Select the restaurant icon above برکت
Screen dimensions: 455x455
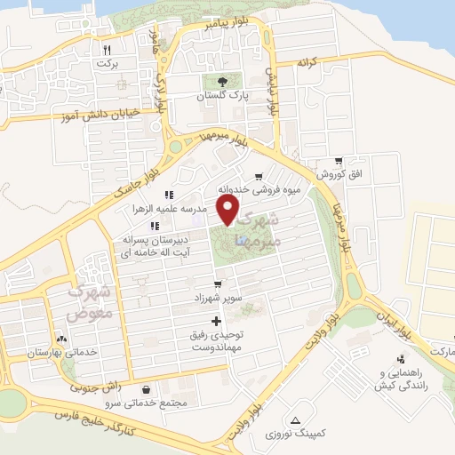click(108, 51)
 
